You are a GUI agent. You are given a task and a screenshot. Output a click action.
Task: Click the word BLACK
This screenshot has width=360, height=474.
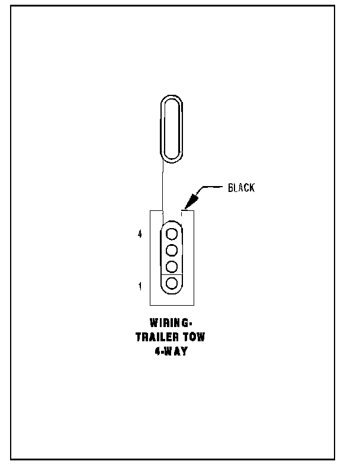(241, 188)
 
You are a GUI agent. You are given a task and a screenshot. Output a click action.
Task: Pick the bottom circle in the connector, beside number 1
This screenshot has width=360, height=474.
(172, 283)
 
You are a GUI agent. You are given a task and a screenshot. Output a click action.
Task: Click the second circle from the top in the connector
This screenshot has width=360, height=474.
(172, 249)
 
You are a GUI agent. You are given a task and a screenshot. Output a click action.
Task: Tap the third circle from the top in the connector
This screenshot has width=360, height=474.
(172, 266)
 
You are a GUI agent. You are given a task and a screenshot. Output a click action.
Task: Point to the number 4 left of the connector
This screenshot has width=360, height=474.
(140, 235)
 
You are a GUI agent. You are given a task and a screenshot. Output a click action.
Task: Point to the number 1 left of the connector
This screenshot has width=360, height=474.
(140, 287)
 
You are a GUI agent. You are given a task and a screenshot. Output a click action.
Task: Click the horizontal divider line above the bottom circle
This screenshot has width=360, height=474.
(172, 274)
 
